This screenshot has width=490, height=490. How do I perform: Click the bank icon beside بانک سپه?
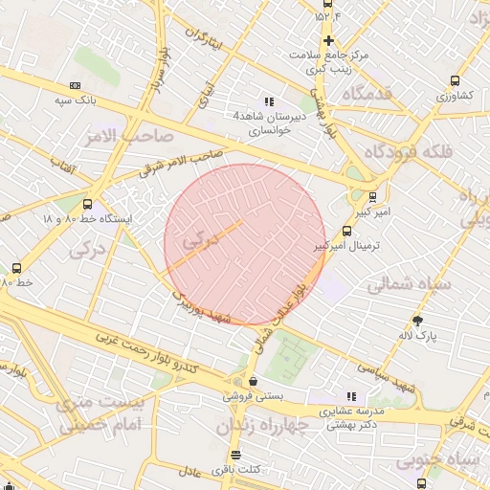[x=76, y=86]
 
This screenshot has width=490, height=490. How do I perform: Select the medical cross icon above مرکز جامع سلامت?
[x=329, y=40]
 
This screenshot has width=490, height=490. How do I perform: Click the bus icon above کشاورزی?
[x=455, y=81]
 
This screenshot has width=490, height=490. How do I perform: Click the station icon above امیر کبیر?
[x=372, y=198]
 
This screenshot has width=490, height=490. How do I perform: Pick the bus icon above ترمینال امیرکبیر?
[x=346, y=231]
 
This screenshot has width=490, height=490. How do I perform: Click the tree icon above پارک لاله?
[x=417, y=321]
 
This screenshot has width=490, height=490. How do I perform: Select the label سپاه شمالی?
[x=403, y=284]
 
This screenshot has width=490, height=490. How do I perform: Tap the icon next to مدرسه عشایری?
[x=352, y=395]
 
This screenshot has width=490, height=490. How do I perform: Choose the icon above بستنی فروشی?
[x=250, y=380]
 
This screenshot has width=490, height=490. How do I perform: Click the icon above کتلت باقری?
[x=236, y=455]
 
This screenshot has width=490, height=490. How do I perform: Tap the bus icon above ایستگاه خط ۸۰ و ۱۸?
[x=88, y=204]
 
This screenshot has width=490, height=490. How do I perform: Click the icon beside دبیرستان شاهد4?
[x=269, y=100]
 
